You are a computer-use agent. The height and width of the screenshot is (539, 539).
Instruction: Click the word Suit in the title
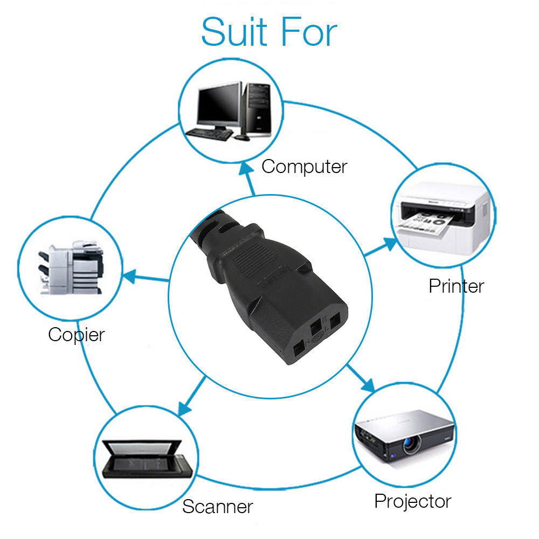[x=235, y=32]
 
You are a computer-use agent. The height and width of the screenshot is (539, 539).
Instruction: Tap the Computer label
[x=304, y=167]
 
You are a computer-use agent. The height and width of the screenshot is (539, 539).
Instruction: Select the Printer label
[x=456, y=286]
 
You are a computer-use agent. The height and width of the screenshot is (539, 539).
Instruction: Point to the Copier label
[x=76, y=335]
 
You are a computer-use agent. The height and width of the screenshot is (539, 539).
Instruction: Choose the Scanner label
[x=217, y=507]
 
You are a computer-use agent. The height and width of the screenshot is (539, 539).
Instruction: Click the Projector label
[x=412, y=501]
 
